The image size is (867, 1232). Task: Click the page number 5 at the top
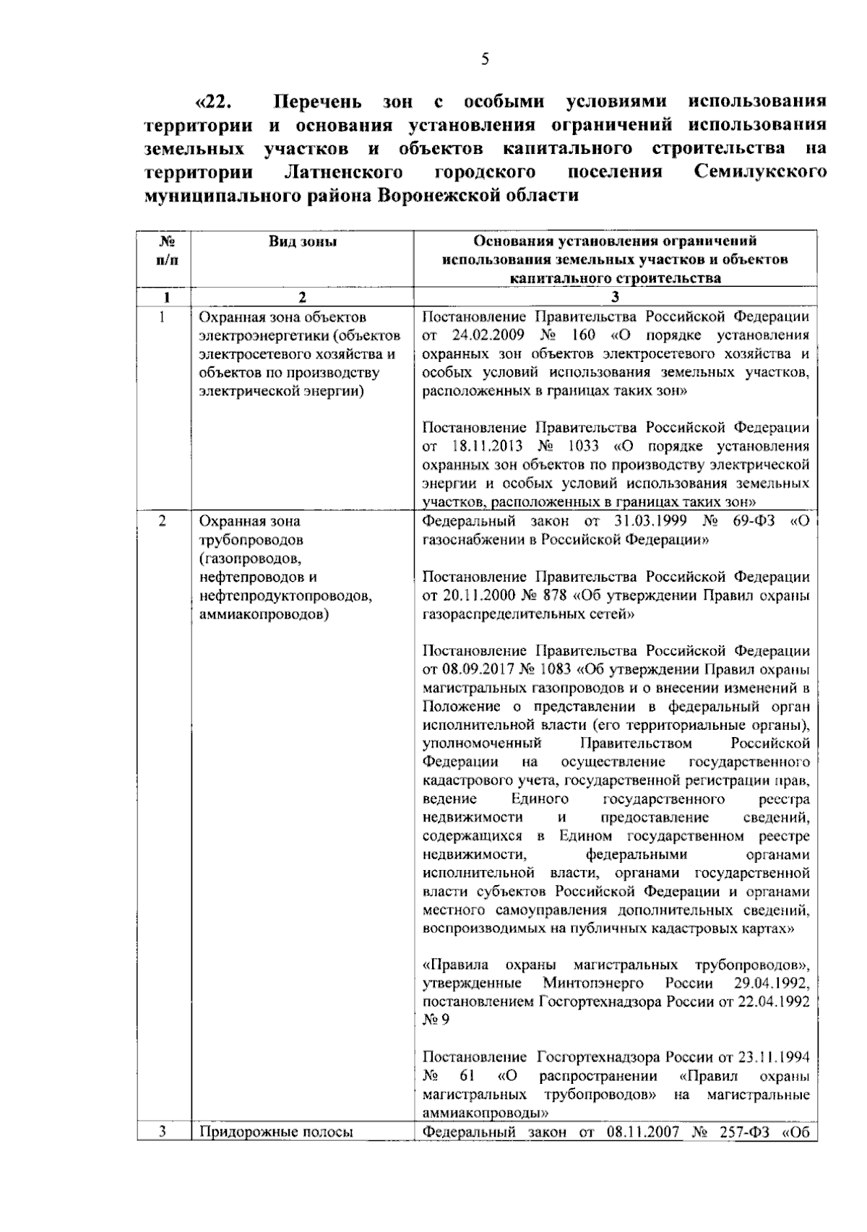pyautogui.click(x=485, y=59)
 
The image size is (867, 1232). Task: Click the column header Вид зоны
pyautogui.click(x=302, y=242)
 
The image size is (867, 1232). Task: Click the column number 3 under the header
pyautogui.click(x=615, y=297)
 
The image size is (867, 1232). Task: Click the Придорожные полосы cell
pyautogui.click(x=276, y=1132)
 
